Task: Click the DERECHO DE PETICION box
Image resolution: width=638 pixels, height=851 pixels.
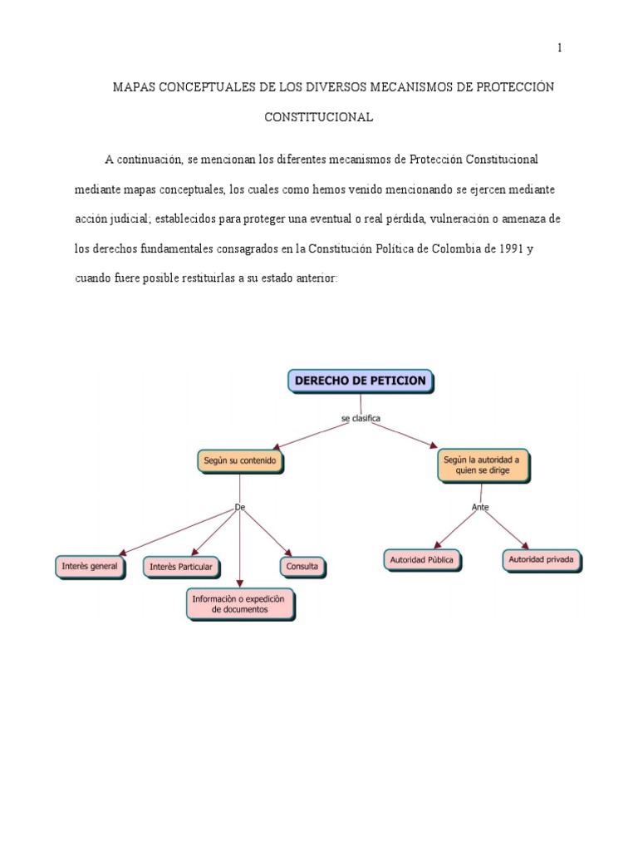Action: [x=360, y=381]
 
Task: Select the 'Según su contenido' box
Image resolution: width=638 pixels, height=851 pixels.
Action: [x=240, y=460]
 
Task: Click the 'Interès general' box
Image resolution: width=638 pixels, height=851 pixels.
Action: [x=91, y=566]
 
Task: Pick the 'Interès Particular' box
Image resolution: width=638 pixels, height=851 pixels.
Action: [x=182, y=567]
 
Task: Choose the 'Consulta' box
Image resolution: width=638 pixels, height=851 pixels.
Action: [x=302, y=566]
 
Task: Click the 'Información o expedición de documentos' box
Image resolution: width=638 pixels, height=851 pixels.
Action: [x=238, y=603]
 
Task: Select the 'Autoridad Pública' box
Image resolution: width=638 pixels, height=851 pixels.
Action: [x=422, y=559]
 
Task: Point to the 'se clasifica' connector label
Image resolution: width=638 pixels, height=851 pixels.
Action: [x=361, y=419]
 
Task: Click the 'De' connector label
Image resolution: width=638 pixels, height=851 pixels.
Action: [x=240, y=506]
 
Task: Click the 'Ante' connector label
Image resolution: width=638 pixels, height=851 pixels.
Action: [x=480, y=506]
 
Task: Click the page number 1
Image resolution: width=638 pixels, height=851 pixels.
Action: [x=560, y=48]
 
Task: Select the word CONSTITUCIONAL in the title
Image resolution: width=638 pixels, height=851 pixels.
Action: [x=318, y=117]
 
